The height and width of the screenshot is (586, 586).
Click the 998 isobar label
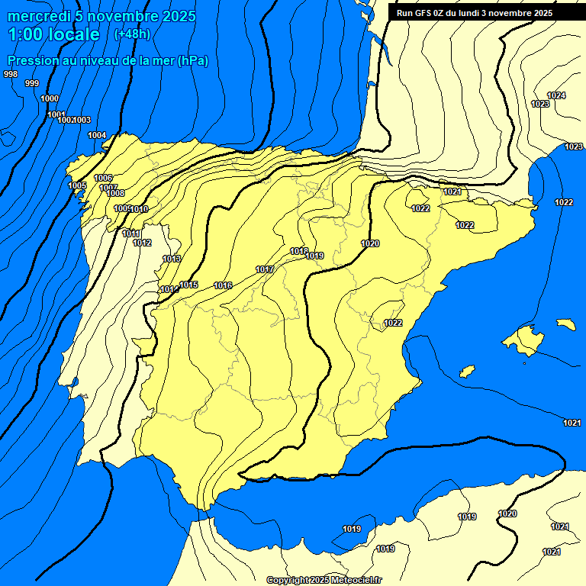tap(11, 74)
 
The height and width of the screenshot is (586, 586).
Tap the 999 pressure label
tap(32, 83)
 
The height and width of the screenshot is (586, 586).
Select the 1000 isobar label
tap(50, 98)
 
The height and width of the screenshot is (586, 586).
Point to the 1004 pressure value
tap(97, 135)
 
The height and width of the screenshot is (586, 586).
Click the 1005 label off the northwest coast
tap(77, 185)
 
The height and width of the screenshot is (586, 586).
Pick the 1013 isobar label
tap(172, 259)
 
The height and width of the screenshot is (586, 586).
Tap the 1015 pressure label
tap(189, 285)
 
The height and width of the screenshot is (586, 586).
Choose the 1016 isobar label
tap(223, 285)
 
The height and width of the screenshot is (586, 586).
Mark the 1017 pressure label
tap(265, 269)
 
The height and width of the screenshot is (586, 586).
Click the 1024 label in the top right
tap(556, 95)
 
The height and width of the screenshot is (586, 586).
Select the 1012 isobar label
tap(142, 243)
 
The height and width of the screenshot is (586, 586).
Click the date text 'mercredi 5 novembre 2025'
tap(101, 16)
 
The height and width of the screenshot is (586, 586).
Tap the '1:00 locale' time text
tap(54, 34)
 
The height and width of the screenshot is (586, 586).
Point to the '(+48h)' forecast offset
tap(132, 34)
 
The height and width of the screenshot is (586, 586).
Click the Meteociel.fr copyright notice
tap(324, 580)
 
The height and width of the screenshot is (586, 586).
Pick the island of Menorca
tap(565, 324)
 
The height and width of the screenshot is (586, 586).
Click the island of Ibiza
tap(467, 372)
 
